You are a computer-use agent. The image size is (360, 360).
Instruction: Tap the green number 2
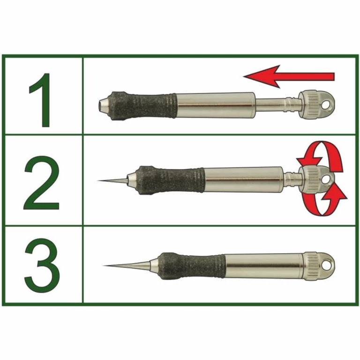pyautogui.click(x=42, y=180)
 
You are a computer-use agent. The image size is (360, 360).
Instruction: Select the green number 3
pyautogui.click(x=42, y=265)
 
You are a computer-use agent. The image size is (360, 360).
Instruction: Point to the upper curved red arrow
pyautogui.click(x=319, y=155)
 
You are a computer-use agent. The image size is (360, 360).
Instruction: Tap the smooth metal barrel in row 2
pyautogui.click(x=244, y=179)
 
